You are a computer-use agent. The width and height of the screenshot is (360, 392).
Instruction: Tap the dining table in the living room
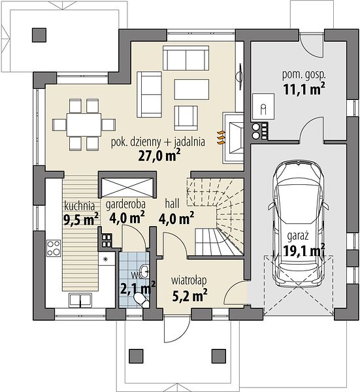click(x=84, y=124)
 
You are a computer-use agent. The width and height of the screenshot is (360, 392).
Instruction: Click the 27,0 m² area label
click(x=159, y=155)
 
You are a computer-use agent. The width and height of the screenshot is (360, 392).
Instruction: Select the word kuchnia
click(x=80, y=206)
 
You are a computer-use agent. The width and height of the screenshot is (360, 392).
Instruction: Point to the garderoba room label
click(x=125, y=204)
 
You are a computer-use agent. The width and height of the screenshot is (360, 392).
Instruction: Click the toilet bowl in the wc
click(x=141, y=299)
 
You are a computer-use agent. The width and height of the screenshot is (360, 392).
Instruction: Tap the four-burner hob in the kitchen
click(x=54, y=248)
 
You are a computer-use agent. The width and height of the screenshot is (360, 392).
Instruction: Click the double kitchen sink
click(x=80, y=300)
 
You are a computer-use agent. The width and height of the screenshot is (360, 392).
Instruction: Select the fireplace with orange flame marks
click(x=233, y=138)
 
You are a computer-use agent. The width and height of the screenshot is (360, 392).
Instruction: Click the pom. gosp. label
click(x=304, y=75)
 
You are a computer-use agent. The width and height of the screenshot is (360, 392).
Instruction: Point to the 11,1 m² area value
click(x=304, y=89)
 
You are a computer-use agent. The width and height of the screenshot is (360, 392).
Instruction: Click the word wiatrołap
click(x=189, y=280)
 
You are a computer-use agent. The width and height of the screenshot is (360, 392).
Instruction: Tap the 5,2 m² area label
click(x=189, y=296)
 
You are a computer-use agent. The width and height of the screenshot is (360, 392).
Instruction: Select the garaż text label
click(x=298, y=236)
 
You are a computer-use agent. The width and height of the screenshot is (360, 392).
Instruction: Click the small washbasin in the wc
click(x=144, y=270)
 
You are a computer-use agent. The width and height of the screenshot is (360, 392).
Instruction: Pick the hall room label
click(x=172, y=204)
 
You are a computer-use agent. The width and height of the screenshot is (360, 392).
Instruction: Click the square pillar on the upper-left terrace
click(x=39, y=35)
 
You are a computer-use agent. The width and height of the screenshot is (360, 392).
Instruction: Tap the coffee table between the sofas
click(x=191, y=90)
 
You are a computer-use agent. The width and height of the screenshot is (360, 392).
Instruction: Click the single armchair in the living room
click(x=186, y=118)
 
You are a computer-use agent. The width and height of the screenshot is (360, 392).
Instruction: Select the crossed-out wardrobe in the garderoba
click(x=128, y=187)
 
